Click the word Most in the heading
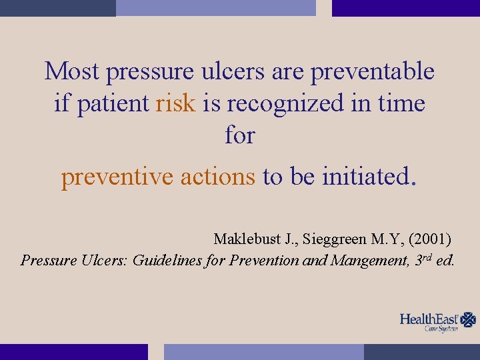pyautogui.click(x=71, y=71)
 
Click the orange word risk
pyautogui.click(x=175, y=103)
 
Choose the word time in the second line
pyautogui.click(x=402, y=103)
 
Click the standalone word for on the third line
pyautogui.click(x=240, y=135)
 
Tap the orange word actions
pyautogui.click(x=218, y=177)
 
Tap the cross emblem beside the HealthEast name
pyautogui.click(x=469, y=320)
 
